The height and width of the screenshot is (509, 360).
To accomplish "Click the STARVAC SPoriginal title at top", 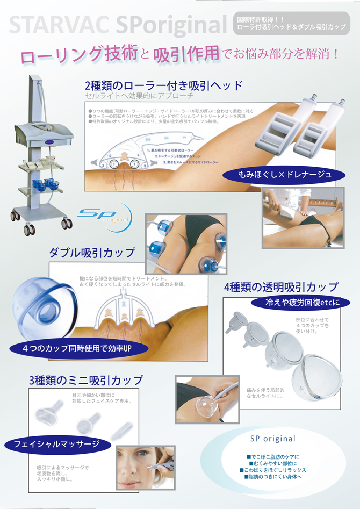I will pyautogui.click(x=118, y=25).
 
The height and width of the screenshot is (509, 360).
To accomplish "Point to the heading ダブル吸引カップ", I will pyautogui.click(x=92, y=252).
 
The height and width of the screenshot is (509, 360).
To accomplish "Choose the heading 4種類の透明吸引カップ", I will pyautogui.click(x=281, y=287).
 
